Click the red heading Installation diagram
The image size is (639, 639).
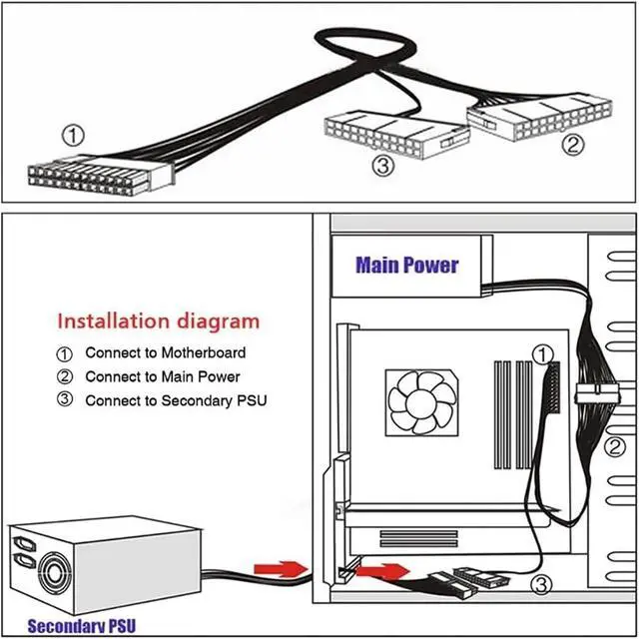click(158, 321)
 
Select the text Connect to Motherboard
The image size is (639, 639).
click(165, 352)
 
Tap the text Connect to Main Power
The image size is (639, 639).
click(162, 377)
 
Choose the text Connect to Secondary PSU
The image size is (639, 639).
click(176, 401)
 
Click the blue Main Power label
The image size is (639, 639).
click(407, 266)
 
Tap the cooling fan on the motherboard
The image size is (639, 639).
click(421, 403)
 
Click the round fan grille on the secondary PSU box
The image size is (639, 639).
click(51, 577)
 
